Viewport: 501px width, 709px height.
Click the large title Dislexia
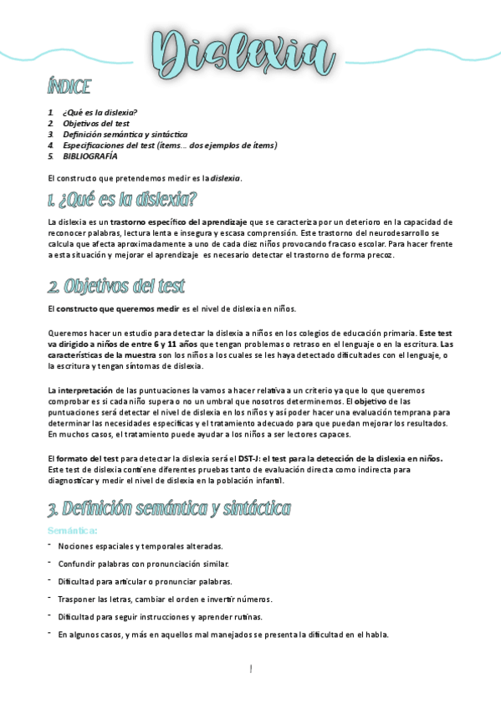click(x=243, y=51)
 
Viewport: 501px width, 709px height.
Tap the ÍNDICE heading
click(x=69, y=87)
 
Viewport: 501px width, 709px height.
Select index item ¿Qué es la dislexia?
click(x=100, y=112)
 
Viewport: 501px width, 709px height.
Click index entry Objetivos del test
click(x=96, y=123)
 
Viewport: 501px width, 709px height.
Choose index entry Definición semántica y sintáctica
click(x=125, y=134)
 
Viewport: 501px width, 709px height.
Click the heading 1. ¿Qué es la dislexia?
click(x=122, y=200)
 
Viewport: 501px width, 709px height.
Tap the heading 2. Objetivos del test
click(x=116, y=287)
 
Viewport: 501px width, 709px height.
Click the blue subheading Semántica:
click(x=73, y=531)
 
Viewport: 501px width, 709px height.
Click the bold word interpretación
click(x=85, y=390)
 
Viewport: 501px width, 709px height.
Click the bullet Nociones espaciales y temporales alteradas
click(x=140, y=546)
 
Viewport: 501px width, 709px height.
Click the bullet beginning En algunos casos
click(x=223, y=635)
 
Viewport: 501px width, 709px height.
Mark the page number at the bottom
click(x=250, y=669)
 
